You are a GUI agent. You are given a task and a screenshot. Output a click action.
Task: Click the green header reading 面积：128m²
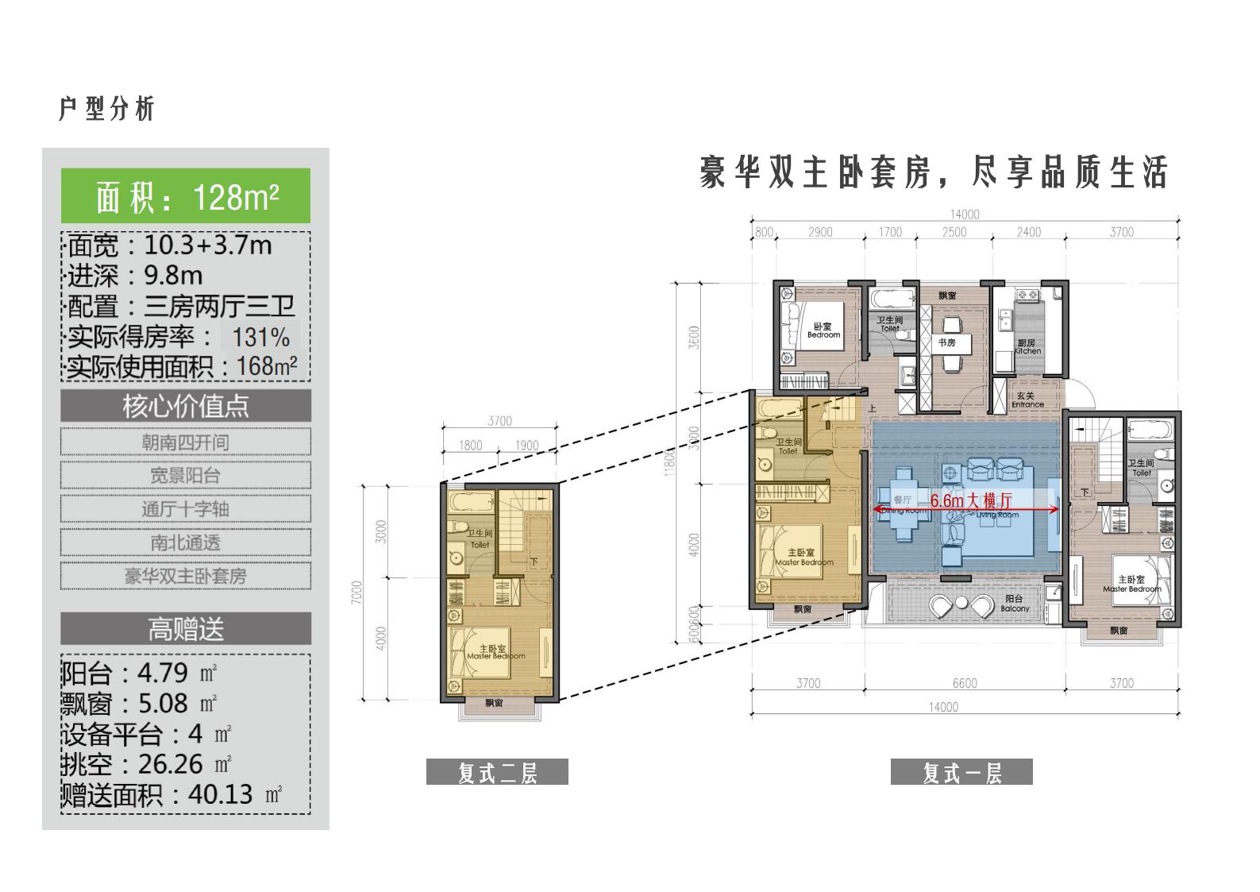pyautogui.click(x=186, y=196)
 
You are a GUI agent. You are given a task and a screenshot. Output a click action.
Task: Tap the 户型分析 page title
pyautogui.click(x=106, y=109)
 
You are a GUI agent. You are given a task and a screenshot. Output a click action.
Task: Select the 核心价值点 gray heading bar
pyautogui.click(x=186, y=406)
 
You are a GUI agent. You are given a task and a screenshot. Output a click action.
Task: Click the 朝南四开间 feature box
pyautogui.click(x=186, y=442)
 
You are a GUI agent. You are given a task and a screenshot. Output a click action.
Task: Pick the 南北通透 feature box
pyautogui.click(x=186, y=543)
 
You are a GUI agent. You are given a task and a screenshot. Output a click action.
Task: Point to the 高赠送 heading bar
pyautogui.click(x=186, y=629)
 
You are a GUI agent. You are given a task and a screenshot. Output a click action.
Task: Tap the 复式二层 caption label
pyautogui.click(x=497, y=772)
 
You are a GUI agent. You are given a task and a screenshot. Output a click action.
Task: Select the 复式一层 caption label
pyautogui.click(x=961, y=772)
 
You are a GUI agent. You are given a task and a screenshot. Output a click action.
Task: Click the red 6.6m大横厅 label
pyautogui.click(x=971, y=501)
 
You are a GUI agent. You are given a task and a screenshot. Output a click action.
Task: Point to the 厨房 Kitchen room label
pyautogui.click(x=1027, y=347)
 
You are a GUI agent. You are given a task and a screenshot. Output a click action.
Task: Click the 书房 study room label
pyautogui.click(x=946, y=343)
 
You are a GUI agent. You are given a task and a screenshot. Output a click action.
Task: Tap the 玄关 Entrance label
pyautogui.click(x=1027, y=400)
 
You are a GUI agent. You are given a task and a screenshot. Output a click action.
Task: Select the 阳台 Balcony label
pyautogui.click(x=1015, y=604)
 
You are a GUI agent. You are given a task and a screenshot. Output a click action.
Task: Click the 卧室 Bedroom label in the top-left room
pyautogui.click(x=823, y=330)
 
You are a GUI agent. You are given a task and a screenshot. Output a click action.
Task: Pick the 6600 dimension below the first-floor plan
pyautogui.click(x=965, y=683)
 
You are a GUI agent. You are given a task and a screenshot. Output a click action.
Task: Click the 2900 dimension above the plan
pyautogui.click(x=820, y=232)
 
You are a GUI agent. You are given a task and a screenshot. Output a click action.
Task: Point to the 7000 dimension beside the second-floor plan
pyautogui.click(x=356, y=593)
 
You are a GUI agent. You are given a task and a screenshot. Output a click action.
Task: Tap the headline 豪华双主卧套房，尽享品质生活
pyautogui.click(x=934, y=172)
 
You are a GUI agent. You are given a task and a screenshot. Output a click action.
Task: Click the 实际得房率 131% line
pyautogui.click(x=179, y=338)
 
